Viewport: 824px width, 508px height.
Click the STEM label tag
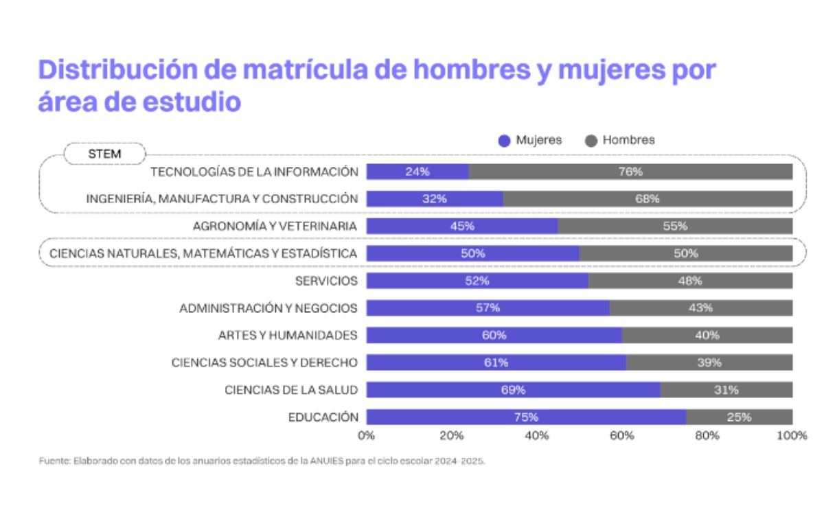(x=104, y=154)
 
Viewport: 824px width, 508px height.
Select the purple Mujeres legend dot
(x=505, y=141)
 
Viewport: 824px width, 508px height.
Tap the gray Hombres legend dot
(x=591, y=141)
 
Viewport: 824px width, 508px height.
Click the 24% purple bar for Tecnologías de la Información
(x=417, y=172)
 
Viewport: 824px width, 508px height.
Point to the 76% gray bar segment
(x=630, y=172)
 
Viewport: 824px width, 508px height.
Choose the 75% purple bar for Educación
(x=526, y=417)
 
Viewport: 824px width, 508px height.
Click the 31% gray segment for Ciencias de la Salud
(x=726, y=390)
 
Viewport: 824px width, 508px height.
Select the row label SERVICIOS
(x=326, y=281)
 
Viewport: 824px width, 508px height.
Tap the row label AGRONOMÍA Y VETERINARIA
(x=275, y=226)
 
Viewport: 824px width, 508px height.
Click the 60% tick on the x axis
(x=622, y=435)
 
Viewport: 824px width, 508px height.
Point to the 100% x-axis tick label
(x=792, y=435)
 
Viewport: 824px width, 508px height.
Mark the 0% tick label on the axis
(x=366, y=435)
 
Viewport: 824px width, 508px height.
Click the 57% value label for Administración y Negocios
(x=488, y=308)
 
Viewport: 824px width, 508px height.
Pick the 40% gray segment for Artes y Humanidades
(x=707, y=335)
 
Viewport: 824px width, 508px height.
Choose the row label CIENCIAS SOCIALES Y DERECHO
(x=264, y=362)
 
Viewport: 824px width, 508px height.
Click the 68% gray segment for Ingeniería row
(x=648, y=199)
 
